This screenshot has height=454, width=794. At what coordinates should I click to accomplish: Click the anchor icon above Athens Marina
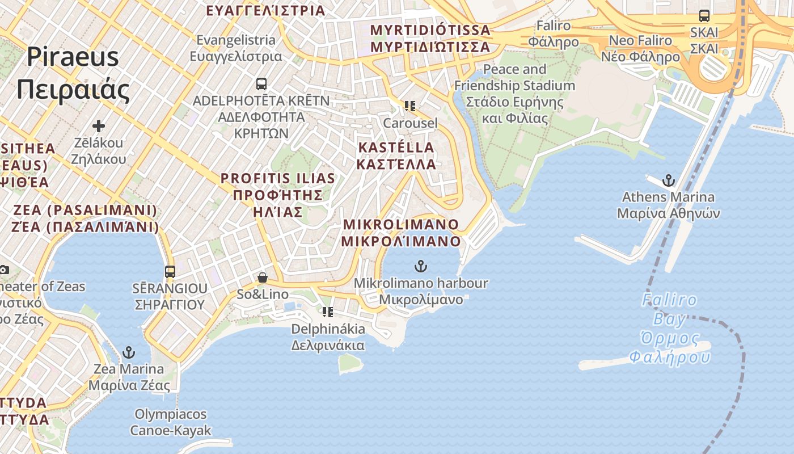[669, 181]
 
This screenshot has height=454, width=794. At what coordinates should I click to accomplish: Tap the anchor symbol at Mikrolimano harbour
[420, 266]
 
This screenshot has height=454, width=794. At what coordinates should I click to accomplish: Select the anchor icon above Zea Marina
[129, 352]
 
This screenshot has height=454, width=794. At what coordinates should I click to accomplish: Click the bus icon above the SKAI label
[704, 16]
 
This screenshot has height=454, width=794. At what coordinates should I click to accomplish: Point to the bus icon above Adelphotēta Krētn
[261, 84]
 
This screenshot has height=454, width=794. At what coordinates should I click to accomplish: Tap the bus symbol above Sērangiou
[170, 271]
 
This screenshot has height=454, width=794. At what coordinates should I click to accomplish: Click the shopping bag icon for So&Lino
[262, 278]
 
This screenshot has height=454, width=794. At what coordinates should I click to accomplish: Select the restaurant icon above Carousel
[410, 106]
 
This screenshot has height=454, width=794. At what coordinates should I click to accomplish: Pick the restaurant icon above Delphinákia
[328, 312]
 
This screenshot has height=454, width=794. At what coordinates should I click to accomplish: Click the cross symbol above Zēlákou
[99, 125]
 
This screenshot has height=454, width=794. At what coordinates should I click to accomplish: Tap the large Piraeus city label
[73, 73]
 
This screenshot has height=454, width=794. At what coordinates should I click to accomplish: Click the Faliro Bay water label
[670, 329]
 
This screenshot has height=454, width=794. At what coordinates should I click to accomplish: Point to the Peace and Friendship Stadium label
[514, 94]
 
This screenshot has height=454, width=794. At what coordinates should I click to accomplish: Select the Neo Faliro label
[640, 48]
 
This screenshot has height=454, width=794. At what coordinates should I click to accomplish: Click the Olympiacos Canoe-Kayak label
[171, 422]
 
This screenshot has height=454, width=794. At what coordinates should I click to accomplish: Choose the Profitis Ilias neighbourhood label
[278, 195]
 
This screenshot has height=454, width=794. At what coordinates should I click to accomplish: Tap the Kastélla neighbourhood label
[396, 155]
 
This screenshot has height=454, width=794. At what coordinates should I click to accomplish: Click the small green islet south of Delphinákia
[350, 363]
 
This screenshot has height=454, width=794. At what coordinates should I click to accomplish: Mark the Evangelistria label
[236, 48]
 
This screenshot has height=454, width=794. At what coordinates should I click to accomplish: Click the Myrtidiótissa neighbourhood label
[430, 38]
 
